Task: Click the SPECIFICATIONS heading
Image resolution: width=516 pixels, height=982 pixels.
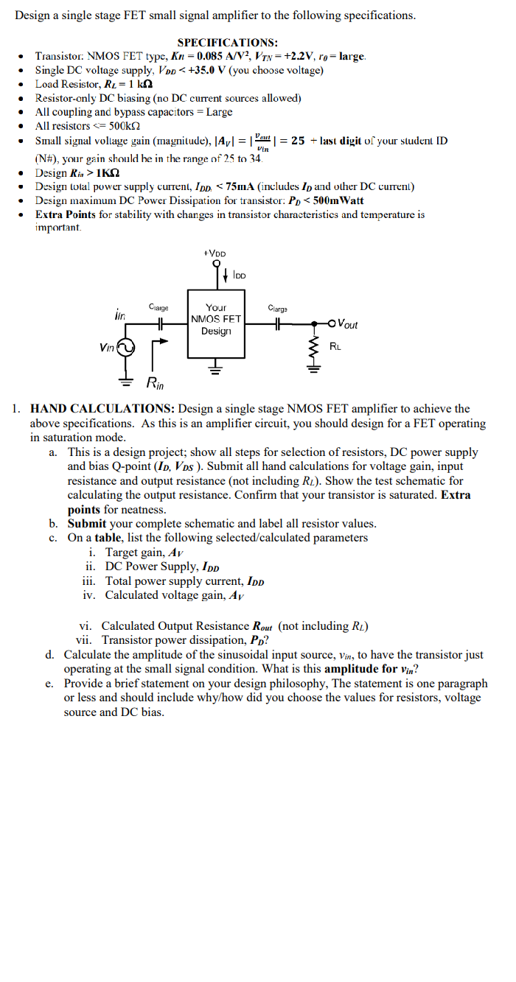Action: (227, 43)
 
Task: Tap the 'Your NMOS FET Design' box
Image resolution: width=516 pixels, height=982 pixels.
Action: (216, 320)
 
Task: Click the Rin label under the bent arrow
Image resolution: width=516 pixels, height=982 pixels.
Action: (156, 382)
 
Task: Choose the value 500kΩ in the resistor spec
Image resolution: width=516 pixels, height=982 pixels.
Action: (126, 126)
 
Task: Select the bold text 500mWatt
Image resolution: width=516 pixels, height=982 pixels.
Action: (336, 200)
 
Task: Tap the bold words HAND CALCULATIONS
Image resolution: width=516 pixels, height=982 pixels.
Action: (102, 409)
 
